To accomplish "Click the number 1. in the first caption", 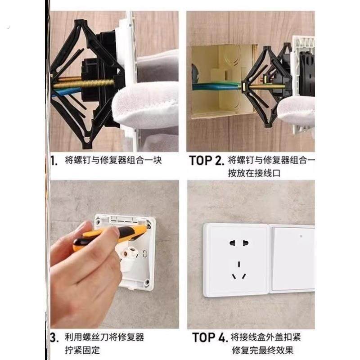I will (x=54, y=161).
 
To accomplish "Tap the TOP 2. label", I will (x=206, y=161).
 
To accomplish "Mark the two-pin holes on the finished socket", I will (x=238, y=243).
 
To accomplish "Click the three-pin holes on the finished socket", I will (x=238, y=270).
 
